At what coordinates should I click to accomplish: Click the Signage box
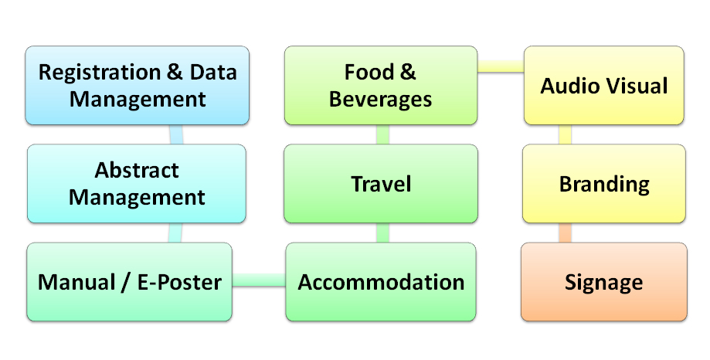(604, 282)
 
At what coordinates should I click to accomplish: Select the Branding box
(604, 183)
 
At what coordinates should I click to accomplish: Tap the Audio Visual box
(604, 85)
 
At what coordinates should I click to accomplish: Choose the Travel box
(381, 183)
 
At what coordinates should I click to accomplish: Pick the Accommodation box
(381, 282)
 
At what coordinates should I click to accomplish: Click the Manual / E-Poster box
(130, 282)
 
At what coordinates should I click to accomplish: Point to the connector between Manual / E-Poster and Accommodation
(259, 280)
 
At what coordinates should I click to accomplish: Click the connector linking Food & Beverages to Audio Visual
(501, 66)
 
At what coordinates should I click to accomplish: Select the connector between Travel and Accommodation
(382, 233)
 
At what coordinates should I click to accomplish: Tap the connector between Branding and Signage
(565, 233)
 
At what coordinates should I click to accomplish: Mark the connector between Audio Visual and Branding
(565, 134)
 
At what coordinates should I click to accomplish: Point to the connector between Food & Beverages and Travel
(382, 134)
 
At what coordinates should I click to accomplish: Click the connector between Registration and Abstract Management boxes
(176, 134)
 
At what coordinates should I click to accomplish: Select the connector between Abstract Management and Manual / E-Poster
(175, 233)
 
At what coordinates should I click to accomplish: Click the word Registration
(100, 73)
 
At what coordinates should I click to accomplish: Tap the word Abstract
(137, 170)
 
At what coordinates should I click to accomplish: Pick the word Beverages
(380, 100)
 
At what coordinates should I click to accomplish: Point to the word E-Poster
(179, 282)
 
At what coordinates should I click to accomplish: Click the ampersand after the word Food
(407, 72)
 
